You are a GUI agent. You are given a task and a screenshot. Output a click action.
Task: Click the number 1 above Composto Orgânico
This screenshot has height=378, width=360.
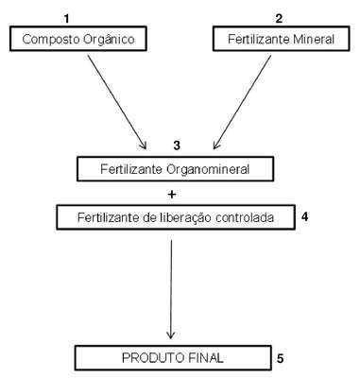click(66, 19)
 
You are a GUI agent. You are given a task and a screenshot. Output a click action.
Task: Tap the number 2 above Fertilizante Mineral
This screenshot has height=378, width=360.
click(279, 19)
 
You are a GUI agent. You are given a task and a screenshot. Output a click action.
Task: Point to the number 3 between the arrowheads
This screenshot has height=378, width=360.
click(177, 146)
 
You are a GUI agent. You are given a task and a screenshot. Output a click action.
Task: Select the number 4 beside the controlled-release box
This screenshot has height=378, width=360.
click(304, 216)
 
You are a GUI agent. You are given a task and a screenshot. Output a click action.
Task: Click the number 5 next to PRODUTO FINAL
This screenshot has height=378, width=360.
click(281, 358)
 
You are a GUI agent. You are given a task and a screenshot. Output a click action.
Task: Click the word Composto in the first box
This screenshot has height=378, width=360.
click(51, 40)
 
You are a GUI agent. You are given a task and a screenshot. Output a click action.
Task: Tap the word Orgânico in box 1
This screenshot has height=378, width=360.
click(109, 40)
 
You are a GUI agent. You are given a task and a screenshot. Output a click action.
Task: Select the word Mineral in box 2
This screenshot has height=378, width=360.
click(314, 40)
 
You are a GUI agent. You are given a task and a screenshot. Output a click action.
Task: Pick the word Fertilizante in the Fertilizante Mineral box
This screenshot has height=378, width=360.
click(259, 40)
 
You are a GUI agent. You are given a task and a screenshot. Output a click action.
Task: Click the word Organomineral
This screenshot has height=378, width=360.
click(208, 169)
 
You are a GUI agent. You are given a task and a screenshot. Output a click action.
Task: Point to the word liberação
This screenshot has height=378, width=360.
click(184, 217)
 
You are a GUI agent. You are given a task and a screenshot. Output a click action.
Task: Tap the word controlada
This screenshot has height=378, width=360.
click(245, 217)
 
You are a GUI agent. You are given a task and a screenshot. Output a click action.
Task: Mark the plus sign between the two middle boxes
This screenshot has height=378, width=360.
click(172, 195)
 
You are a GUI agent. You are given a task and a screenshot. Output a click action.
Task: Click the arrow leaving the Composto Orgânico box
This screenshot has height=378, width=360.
click(117, 102)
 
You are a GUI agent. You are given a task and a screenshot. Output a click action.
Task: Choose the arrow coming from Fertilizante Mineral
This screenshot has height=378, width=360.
click(242, 102)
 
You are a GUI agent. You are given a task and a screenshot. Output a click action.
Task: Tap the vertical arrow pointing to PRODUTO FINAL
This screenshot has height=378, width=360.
click(171, 289)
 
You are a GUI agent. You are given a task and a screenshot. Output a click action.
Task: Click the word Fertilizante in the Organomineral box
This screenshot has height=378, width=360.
click(131, 169)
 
